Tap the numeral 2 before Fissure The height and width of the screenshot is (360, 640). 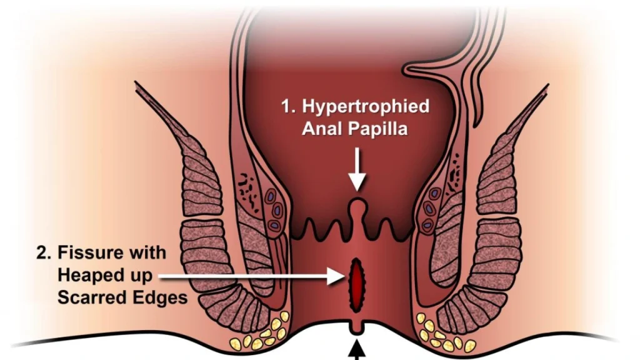(x=43, y=253)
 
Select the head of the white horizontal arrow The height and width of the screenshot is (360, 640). (x=337, y=277)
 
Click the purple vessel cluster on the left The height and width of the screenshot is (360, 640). (x=275, y=211)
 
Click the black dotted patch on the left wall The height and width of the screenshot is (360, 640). (x=249, y=191)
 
